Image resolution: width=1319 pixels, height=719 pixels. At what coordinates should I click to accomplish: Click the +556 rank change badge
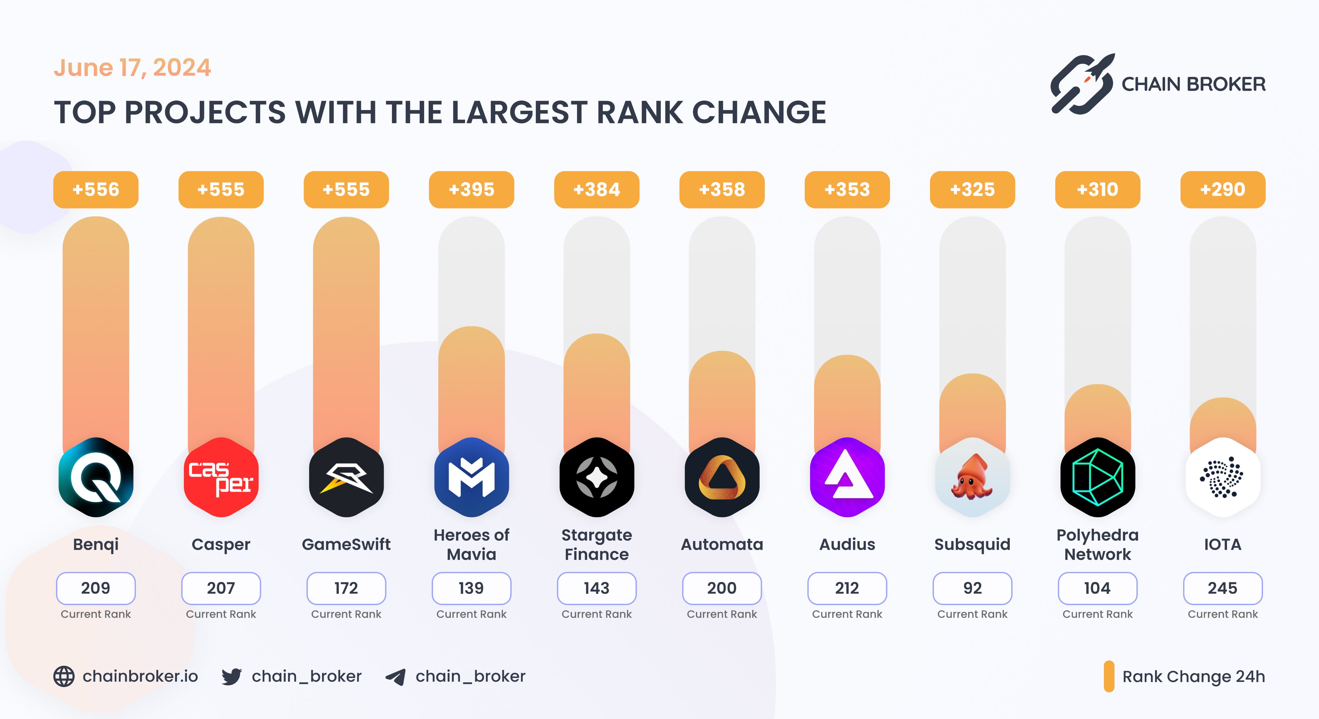96,189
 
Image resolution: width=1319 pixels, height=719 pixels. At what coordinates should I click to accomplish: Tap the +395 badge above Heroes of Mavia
471,189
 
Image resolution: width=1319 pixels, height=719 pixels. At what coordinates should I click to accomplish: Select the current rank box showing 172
346,588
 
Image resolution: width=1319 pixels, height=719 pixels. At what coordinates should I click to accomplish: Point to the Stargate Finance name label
596,545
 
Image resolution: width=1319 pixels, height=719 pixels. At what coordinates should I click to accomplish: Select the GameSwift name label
346,544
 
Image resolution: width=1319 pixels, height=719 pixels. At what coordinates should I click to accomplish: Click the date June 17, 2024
132,68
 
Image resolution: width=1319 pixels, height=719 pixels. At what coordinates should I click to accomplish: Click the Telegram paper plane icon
396,677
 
